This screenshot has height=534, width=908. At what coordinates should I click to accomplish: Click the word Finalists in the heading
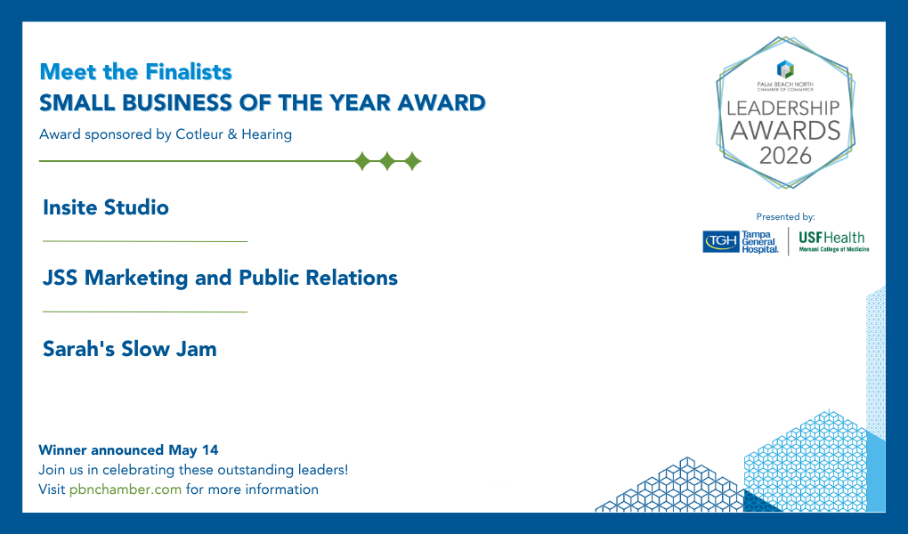pos(188,72)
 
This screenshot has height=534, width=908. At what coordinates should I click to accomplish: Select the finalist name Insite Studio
pos(106,207)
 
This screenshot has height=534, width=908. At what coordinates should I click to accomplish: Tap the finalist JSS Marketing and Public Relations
pos(220,278)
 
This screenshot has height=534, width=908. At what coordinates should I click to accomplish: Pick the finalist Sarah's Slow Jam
pos(130,349)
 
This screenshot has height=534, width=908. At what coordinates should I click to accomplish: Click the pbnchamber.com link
pos(126,489)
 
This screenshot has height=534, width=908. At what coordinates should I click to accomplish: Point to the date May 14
pos(193,450)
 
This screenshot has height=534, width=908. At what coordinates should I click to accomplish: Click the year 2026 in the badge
pos(785,156)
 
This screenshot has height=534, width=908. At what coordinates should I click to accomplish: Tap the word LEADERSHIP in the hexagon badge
pos(783,108)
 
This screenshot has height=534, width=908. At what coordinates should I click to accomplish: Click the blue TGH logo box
pos(721,241)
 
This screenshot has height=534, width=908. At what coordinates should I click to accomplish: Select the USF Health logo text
pos(831,238)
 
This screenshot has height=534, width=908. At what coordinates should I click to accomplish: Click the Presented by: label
pos(785,216)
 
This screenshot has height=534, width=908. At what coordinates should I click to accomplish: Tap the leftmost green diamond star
pos(362,161)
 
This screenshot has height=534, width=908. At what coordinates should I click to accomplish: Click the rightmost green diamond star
pos(412,161)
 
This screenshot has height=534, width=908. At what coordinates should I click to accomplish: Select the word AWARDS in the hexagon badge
pos(785,131)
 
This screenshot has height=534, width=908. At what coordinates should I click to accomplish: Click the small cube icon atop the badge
pos(785,69)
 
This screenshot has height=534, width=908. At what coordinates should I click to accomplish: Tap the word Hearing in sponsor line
pos(266,135)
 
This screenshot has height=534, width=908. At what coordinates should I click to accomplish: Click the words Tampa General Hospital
pos(760,242)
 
